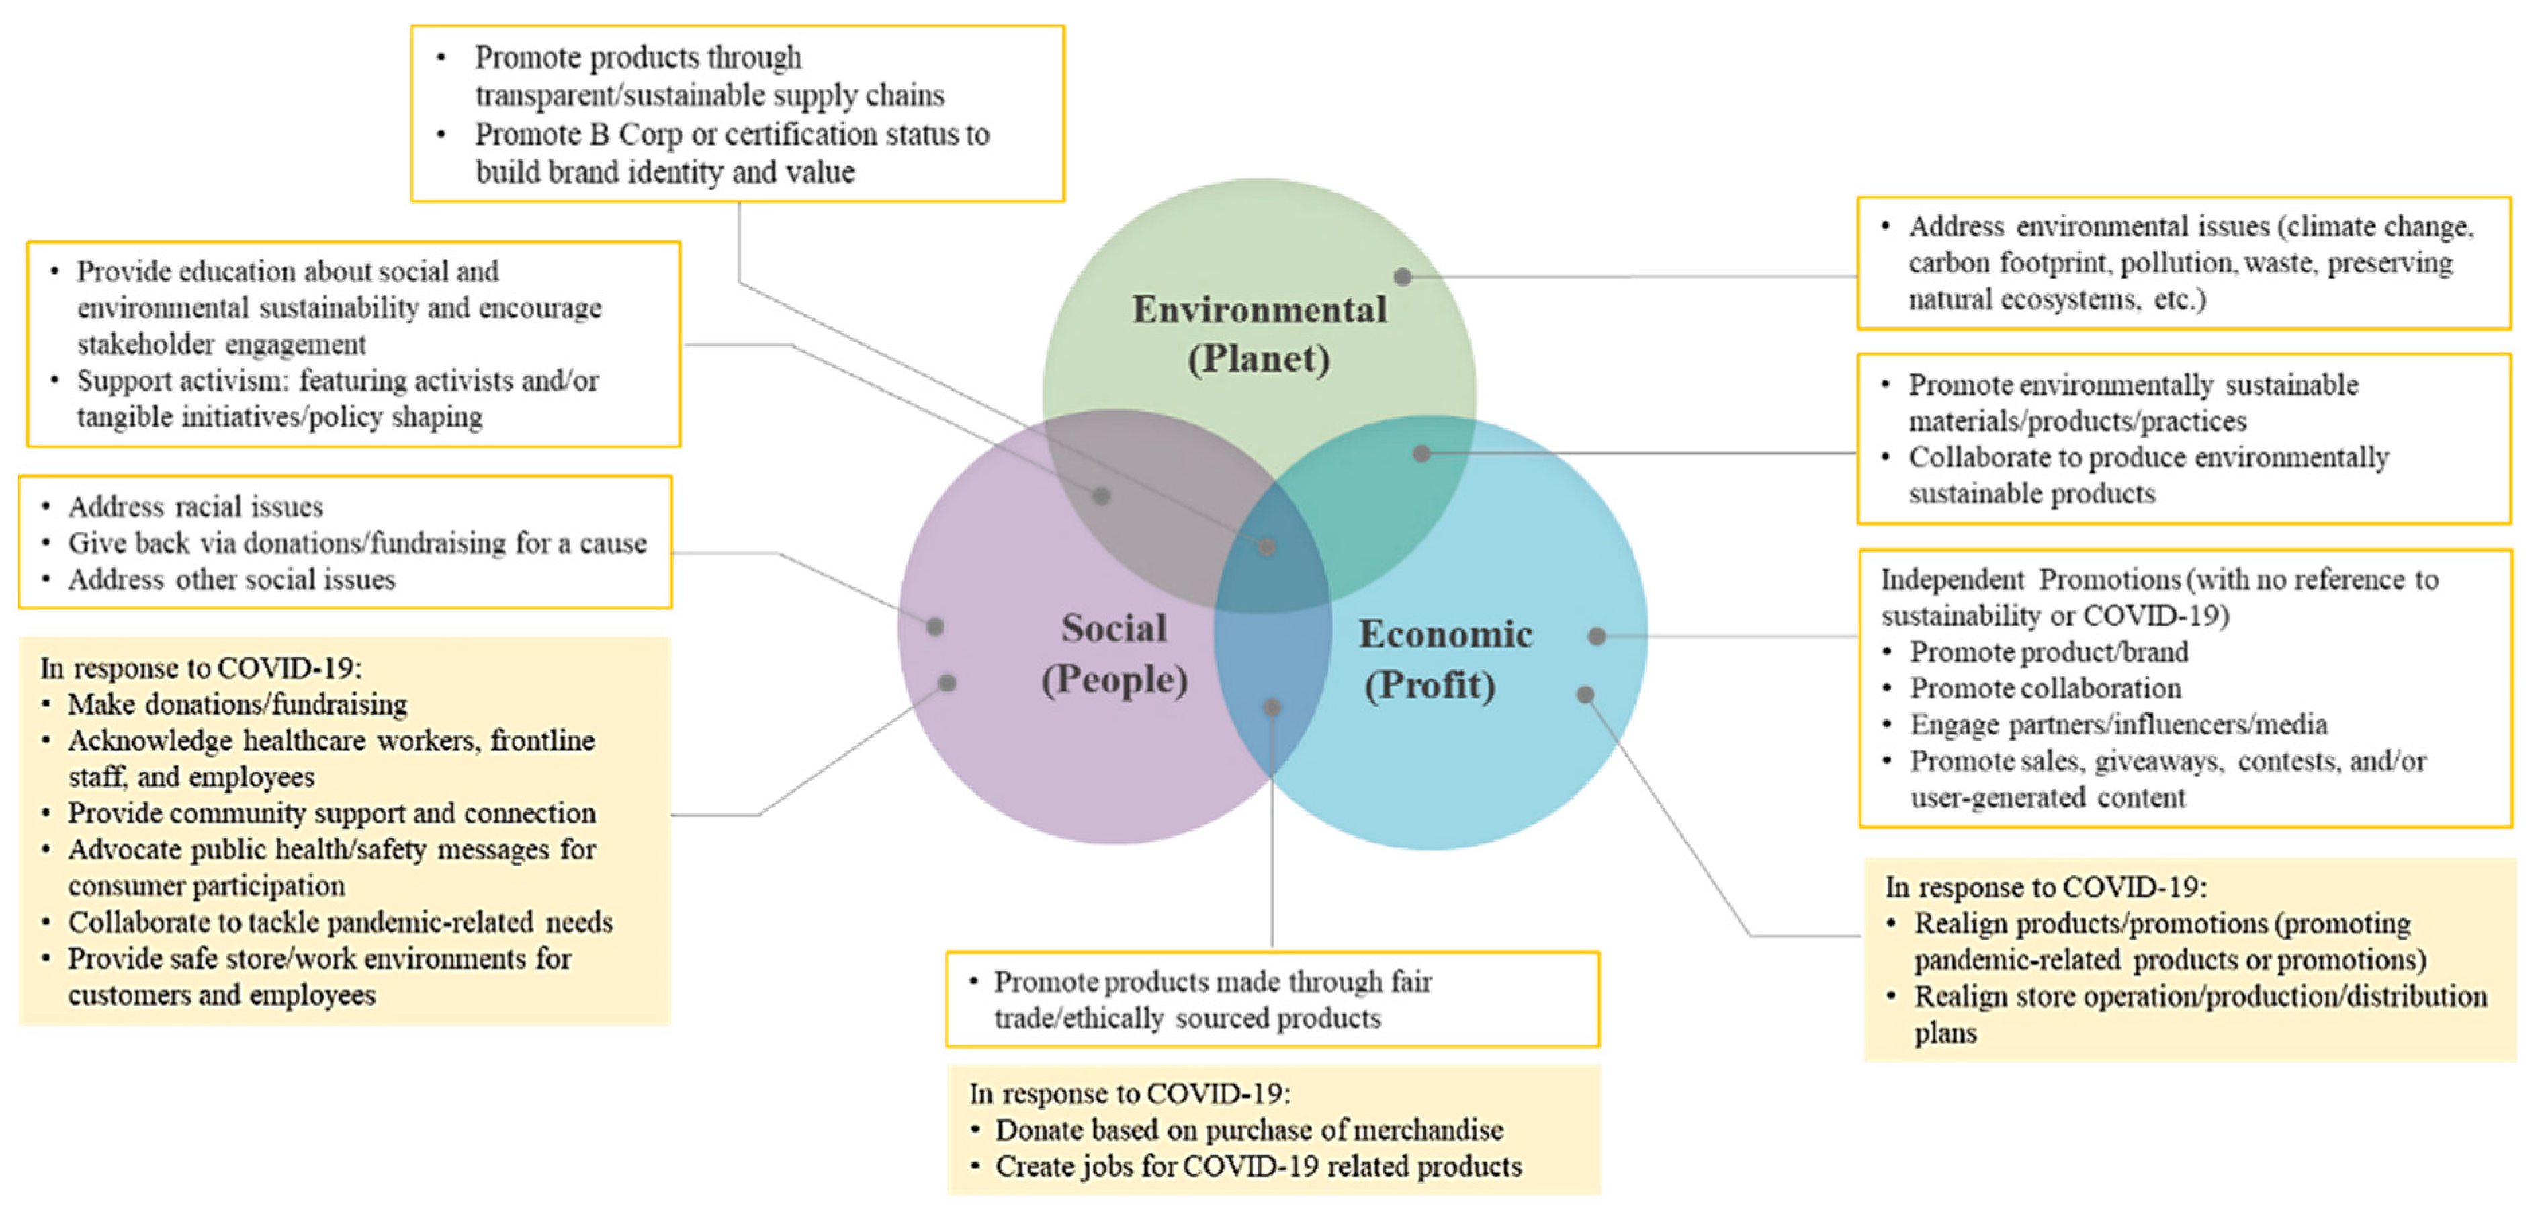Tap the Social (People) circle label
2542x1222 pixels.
[x=1113, y=653]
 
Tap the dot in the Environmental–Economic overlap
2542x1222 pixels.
[x=1421, y=453]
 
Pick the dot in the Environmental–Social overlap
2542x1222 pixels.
[x=1101, y=495]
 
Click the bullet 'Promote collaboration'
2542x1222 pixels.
[x=2045, y=688]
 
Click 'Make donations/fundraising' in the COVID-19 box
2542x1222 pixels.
[x=237, y=705]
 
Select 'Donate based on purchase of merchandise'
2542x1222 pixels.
[x=1248, y=1130]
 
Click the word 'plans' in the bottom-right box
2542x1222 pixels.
[x=1944, y=1034]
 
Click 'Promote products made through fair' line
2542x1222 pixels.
[x=1212, y=982]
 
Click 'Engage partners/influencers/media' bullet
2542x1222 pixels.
[x=2117, y=725]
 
